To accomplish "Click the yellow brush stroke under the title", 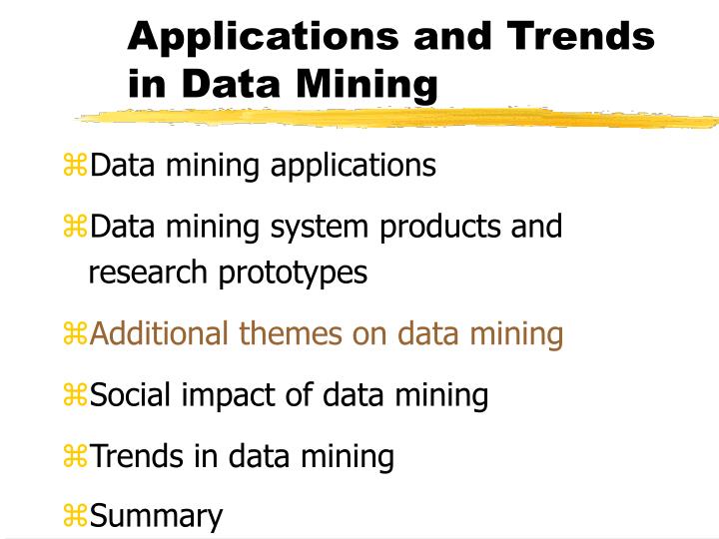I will pos(399,119).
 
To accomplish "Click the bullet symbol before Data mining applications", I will pos(76,166).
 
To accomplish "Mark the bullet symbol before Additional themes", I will pos(76,334).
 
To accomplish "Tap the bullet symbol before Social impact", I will pos(76,396).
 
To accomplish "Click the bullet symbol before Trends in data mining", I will pos(76,457).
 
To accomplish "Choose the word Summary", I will pos(156,516).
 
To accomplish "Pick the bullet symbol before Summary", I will pos(76,516).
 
